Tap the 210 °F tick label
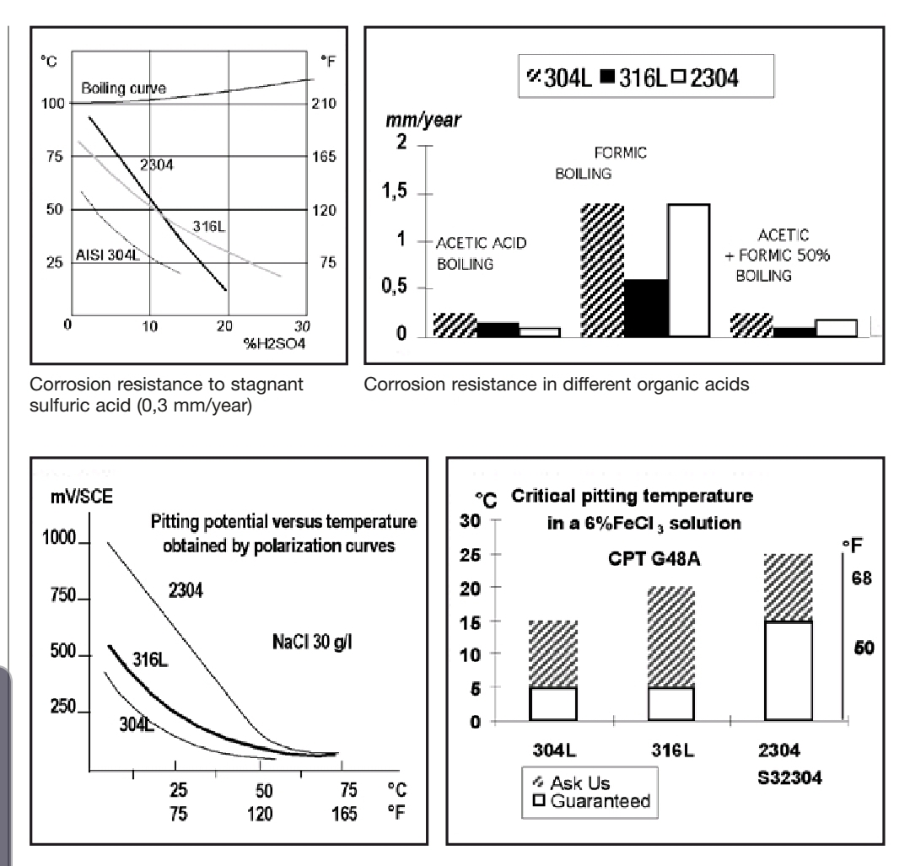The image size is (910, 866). point(329,104)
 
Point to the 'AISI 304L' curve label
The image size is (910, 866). point(105,256)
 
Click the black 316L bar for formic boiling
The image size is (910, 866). point(646,308)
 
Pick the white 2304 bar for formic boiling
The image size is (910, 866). point(689,270)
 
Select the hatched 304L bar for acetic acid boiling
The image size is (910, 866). point(454,325)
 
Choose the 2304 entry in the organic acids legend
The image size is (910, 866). point(717,78)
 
